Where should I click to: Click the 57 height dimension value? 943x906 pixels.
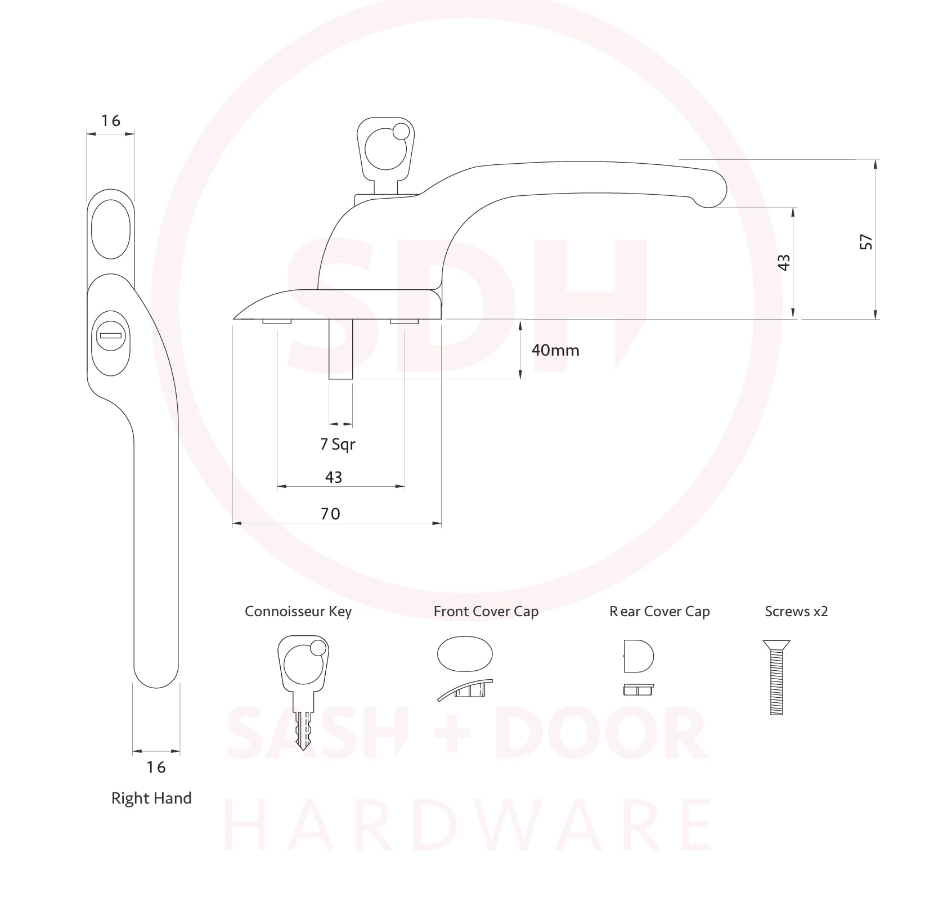pos(866,242)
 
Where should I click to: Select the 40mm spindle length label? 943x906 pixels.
pos(555,350)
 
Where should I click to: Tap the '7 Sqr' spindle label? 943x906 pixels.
pos(338,445)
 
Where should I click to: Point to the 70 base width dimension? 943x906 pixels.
pos(330,514)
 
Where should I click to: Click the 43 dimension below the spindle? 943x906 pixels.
pos(334,477)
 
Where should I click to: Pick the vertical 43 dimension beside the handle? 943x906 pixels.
pos(784,262)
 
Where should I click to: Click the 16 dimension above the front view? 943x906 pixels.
pos(111,120)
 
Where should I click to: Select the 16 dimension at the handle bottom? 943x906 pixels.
pos(156,767)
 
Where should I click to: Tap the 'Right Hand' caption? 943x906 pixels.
pos(151,798)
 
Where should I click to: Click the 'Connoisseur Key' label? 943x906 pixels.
pos(298,612)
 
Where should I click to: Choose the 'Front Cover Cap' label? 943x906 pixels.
pos(486,612)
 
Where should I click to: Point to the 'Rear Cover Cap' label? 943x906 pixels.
pos(659,612)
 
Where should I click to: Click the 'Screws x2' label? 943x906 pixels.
pos(796,612)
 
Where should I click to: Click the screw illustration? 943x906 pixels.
pos(776,678)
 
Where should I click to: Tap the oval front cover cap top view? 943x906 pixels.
pos(465,654)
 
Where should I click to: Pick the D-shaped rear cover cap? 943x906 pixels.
pos(639,656)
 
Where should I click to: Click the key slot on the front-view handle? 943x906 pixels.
pos(111,336)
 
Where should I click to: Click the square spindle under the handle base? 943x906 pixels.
pos(340,349)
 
